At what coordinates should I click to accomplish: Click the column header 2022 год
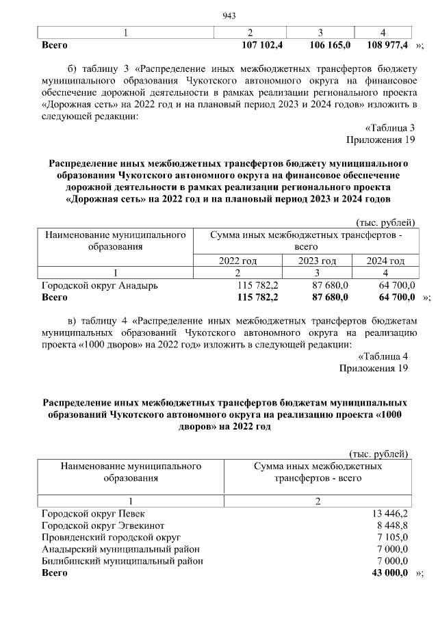pyautogui.click(x=237, y=261)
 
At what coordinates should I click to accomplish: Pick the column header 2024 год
pyautogui.click(x=385, y=261)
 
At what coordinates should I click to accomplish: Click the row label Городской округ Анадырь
pyautogui.click(x=100, y=285)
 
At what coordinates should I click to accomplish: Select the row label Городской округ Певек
pyautogui.click(x=93, y=513)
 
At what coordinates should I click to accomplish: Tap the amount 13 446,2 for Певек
pyautogui.click(x=390, y=513)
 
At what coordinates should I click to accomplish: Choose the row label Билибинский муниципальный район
pyautogui.click(x=123, y=561)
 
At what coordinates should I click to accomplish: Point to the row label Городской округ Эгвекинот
pyautogui.click(x=103, y=525)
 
